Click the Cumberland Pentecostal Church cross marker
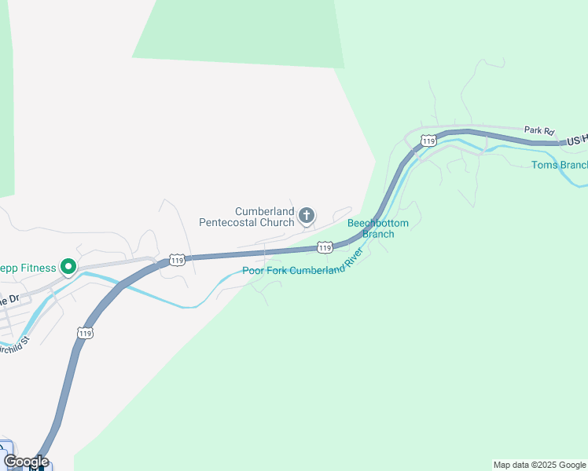point(307,215)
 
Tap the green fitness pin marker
point(68,268)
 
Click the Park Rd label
point(539,130)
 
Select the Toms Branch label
point(559,165)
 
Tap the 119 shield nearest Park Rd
point(428,141)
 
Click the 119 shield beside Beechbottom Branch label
point(325,247)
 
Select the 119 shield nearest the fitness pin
point(176,260)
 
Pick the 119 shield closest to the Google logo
point(85,333)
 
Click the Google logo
point(25,462)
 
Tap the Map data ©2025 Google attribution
point(539,465)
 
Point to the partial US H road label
point(576,140)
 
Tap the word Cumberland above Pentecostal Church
point(265,212)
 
